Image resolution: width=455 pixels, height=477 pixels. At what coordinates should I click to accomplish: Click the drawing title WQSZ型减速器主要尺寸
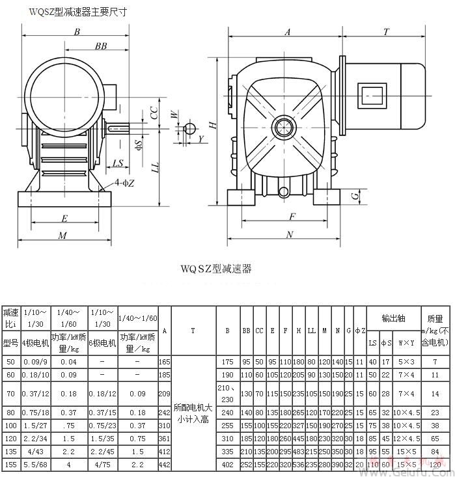tap(77, 12)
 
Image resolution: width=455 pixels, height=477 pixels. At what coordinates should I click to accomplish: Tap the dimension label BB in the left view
tap(101, 46)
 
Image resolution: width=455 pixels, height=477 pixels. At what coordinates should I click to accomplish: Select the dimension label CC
tap(154, 112)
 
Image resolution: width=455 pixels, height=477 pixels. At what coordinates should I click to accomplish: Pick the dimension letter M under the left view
tap(63, 236)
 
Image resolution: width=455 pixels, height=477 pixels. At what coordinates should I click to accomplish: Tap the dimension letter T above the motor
tap(386, 31)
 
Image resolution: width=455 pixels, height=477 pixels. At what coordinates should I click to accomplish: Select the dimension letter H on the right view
tap(212, 125)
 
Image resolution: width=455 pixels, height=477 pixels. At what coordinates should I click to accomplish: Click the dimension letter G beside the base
tap(355, 195)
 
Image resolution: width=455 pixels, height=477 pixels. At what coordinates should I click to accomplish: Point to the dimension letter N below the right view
tap(290, 235)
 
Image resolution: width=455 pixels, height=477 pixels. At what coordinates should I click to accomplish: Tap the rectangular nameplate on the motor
tap(372, 94)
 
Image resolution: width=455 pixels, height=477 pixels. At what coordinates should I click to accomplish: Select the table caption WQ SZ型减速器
tap(216, 268)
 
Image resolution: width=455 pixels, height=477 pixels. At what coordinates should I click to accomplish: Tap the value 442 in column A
tap(165, 465)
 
